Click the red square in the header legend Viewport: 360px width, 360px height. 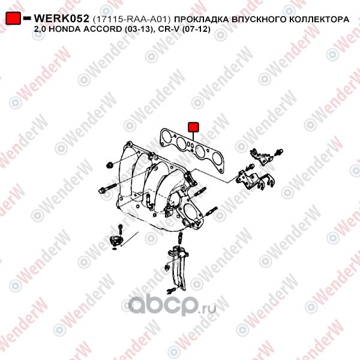(13, 18)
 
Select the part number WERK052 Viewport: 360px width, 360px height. (61, 19)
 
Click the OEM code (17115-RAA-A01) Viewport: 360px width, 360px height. (132, 19)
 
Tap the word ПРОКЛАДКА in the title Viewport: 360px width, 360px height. (202, 20)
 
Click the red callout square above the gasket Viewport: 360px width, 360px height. (193, 127)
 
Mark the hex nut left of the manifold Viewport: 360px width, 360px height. (110, 164)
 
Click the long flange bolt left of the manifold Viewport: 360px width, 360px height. (107, 188)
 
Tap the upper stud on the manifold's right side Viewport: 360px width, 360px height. (200, 192)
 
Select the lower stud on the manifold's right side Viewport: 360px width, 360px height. (211, 211)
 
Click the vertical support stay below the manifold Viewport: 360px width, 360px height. (179, 266)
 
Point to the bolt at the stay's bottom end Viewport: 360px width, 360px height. (171, 290)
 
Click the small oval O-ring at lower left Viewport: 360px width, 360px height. (114, 248)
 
